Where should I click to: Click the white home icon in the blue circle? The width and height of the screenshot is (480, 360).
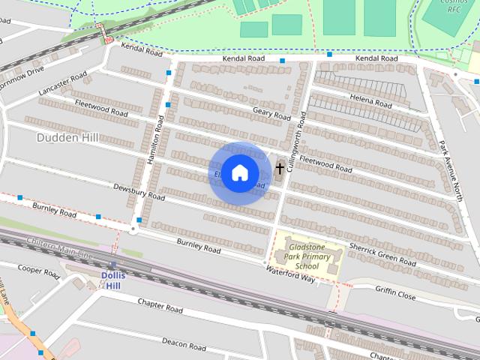239,173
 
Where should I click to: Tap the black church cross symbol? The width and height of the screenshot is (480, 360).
280,169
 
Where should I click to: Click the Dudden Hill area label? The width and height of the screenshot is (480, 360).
66,137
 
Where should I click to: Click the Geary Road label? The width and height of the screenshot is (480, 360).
271,113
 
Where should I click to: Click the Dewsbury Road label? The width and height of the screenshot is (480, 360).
139,192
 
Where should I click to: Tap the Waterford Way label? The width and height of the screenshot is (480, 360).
290,273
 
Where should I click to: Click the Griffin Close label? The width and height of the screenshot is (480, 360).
395,295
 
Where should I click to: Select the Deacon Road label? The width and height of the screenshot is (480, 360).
184,345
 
